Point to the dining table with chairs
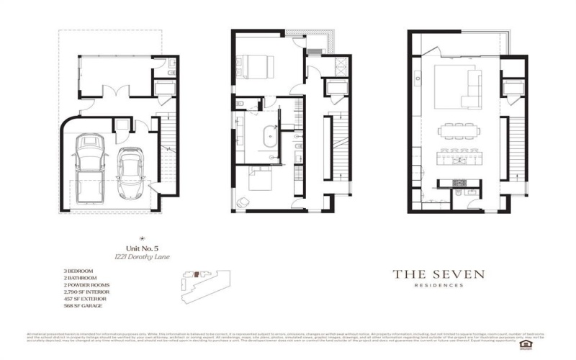point(460,130)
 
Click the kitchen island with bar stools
point(459,155)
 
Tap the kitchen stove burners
point(456,183)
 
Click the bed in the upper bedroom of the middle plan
point(255,66)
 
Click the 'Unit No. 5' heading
point(142,247)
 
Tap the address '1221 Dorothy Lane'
point(142,256)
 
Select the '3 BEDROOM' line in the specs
point(80,271)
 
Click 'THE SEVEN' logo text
point(438,274)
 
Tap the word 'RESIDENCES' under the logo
point(438,285)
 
